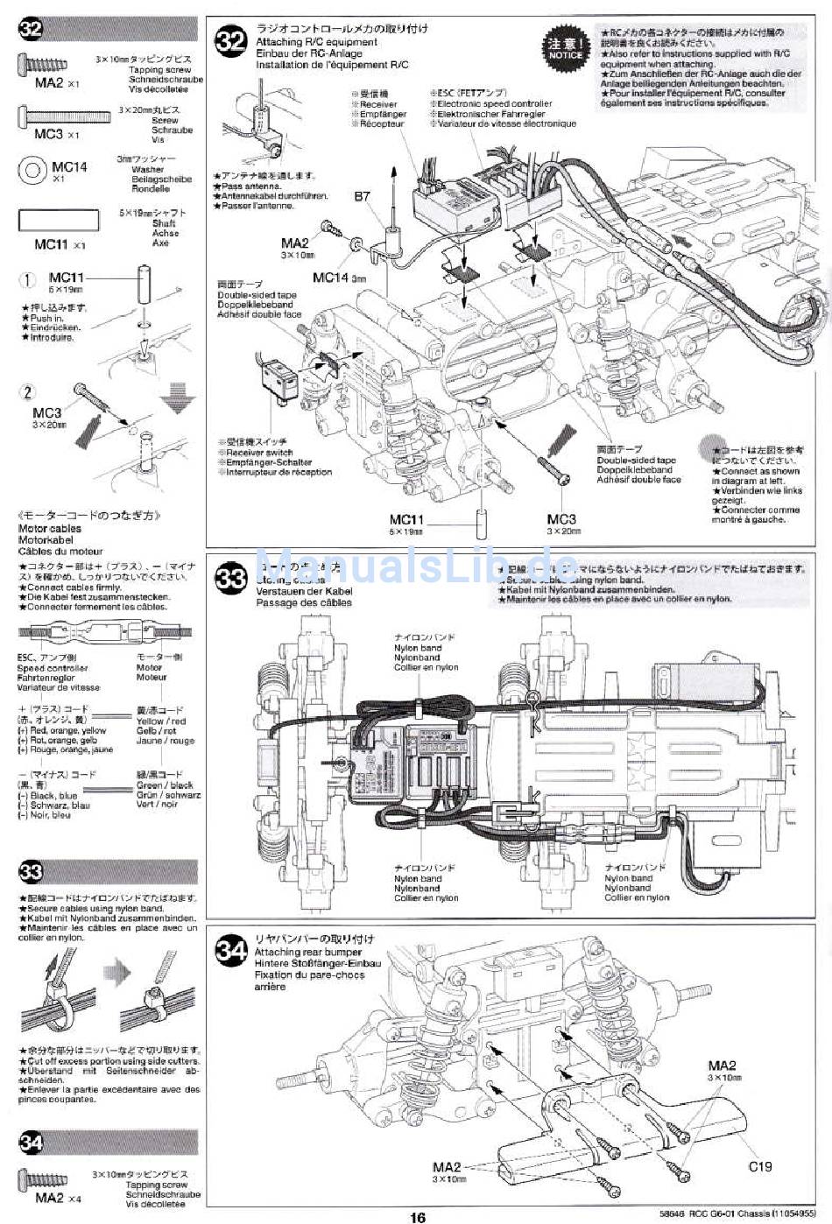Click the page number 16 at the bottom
[x=417, y=1216]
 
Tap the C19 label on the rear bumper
[x=760, y=1166]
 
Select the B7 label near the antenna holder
[x=362, y=197]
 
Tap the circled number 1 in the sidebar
[x=28, y=280]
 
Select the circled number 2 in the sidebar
[x=28, y=392]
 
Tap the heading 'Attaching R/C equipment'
[x=316, y=41]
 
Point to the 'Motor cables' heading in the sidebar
[x=50, y=529]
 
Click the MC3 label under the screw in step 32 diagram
[x=561, y=519]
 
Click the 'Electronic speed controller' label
[x=495, y=103]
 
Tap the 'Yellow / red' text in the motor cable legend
[x=161, y=721]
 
